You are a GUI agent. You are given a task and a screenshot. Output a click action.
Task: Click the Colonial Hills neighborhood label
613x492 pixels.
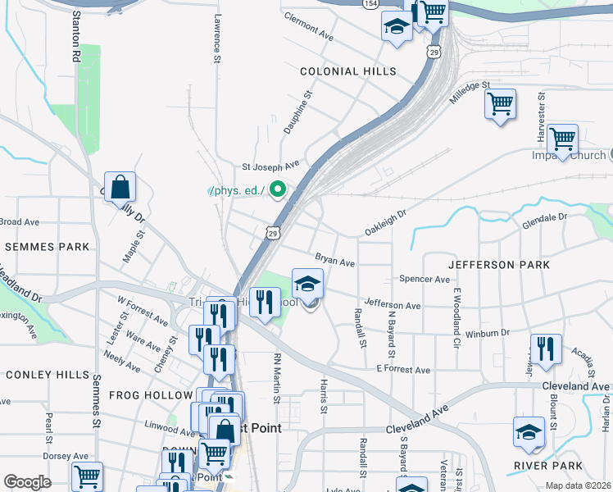point(348,72)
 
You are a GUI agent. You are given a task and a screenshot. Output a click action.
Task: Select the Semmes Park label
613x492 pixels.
point(46,246)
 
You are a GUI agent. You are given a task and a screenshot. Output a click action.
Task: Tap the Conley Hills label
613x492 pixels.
point(47,375)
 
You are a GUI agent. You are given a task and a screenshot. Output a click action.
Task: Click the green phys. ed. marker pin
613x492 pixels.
point(278,191)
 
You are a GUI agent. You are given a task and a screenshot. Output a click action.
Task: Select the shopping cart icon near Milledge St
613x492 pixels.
point(500,104)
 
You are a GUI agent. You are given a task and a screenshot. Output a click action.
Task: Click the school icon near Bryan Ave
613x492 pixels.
point(307,284)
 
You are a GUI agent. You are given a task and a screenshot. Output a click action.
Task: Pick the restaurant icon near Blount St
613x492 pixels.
point(545,348)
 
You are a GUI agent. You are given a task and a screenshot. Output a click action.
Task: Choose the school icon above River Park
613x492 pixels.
point(529,432)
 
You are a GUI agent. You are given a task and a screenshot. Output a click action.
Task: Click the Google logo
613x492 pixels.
point(26,482)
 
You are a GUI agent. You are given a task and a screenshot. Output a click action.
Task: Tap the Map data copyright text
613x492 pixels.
point(578,485)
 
